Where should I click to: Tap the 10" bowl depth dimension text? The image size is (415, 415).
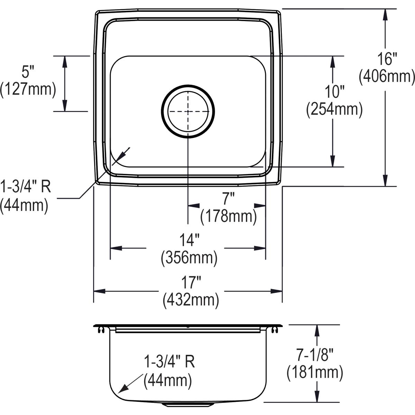pyautogui.click(x=334, y=92)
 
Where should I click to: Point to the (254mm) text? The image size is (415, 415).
pyautogui.click(x=334, y=110)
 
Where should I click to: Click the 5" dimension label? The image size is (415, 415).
pyautogui.click(x=28, y=72)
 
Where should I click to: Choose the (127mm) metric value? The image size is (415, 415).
pyautogui.click(x=28, y=89)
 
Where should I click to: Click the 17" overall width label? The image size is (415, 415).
pyautogui.click(x=191, y=283)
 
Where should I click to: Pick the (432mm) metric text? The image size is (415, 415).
pyautogui.click(x=191, y=300)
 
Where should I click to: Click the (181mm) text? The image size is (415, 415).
pyautogui.click(x=315, y=372)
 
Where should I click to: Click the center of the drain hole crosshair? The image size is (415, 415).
pyautogui.click(x=188, y=111)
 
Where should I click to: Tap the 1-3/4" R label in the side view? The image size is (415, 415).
pyautogui.click(x=169, y=362)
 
